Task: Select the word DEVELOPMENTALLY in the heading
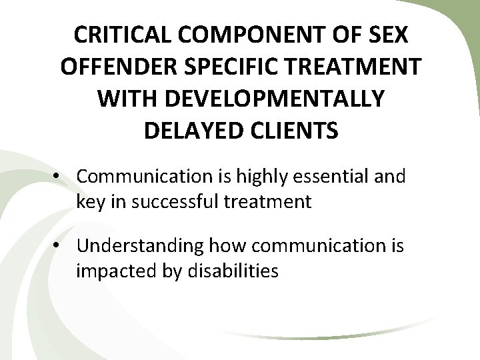(x=273, y=98)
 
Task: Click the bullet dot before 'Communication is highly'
(x=59, y=177)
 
